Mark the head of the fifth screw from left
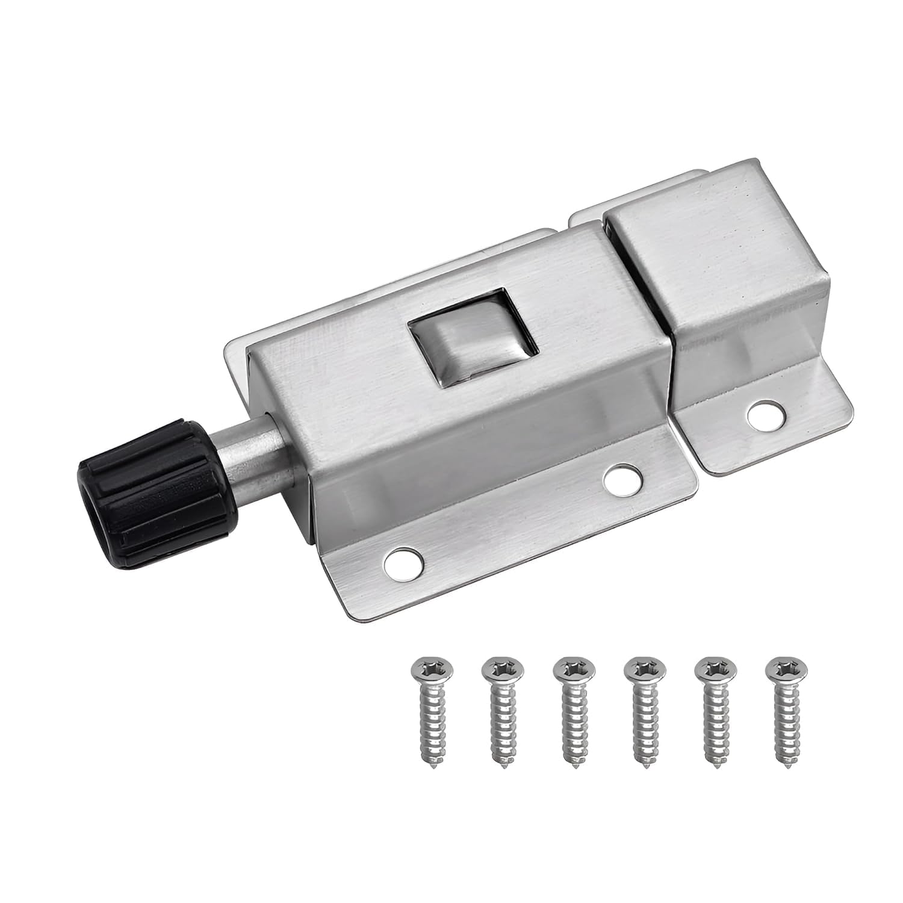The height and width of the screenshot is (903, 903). [x=714, y=669]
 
